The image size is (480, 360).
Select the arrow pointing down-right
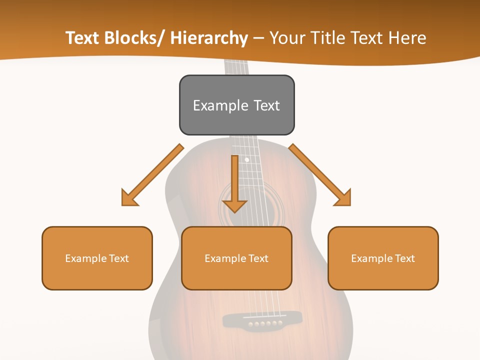[x=320, y=175]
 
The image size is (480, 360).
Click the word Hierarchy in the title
[x=209, y=38]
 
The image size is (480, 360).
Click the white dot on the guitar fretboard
[x=246, y=160]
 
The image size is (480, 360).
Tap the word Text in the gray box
[x=266, y=105]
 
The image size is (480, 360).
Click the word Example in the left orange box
[x=85, y=258]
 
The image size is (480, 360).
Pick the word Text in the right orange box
[x=404, y=258]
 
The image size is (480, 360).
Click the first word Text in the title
[x=82, y=38]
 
